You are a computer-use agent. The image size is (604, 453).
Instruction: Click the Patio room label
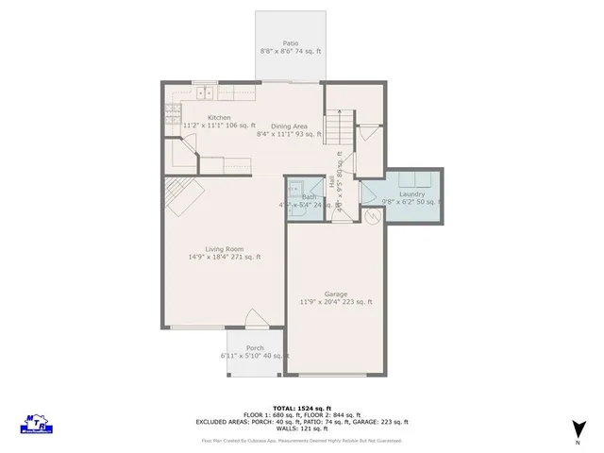click(290, 42)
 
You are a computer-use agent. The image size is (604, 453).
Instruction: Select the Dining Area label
click(290, 126)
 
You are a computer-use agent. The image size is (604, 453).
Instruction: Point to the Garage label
click(336, 294)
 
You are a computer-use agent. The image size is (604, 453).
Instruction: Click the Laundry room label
click(411, 194)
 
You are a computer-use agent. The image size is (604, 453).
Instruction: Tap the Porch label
click(255, 348)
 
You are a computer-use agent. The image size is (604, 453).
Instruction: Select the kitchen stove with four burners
click(174, 114)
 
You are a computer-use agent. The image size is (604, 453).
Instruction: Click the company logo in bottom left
click(35, 422)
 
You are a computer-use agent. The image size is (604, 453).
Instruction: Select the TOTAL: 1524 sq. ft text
click(301, 406)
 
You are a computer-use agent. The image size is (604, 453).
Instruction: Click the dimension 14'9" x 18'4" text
click(224, 257)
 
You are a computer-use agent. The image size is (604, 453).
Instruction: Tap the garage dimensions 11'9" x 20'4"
click(336, 302)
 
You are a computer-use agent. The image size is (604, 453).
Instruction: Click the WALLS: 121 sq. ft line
click(301, 429)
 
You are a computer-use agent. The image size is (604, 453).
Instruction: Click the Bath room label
click(309, 197)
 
